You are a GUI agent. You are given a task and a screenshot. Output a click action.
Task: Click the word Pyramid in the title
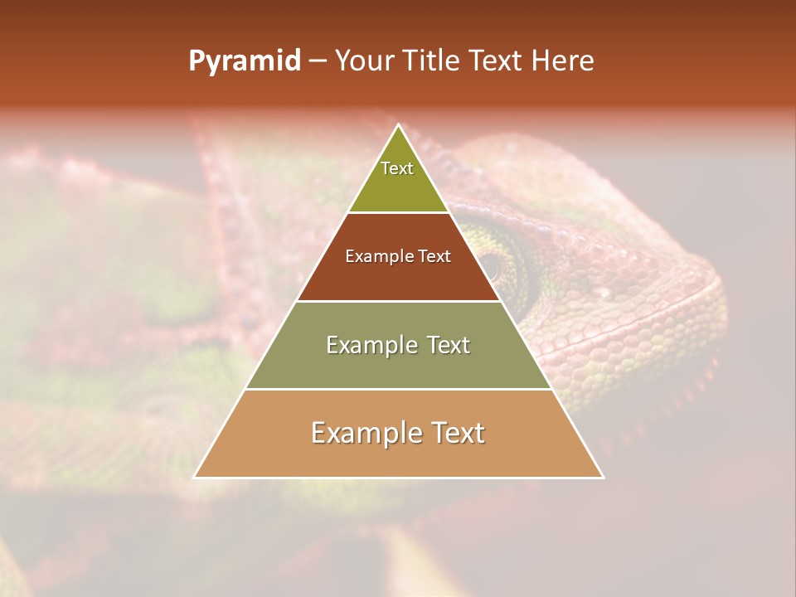pos(244,61)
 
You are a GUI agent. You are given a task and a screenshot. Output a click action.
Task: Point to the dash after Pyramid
pos(318,61)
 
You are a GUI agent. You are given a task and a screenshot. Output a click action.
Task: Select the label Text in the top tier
pos(397,168)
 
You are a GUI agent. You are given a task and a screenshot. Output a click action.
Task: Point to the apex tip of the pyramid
pos(398,126)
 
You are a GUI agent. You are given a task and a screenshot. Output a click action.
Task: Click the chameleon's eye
pos(493,265)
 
